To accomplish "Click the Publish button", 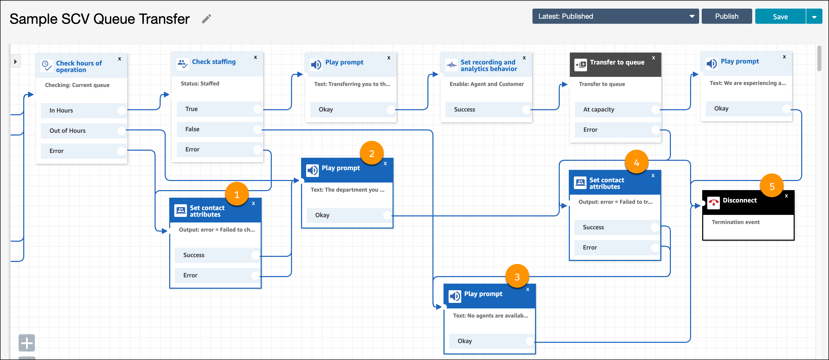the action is pyautogui.click(x=726, y=16).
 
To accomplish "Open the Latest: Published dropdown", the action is pyautogui.click(x=615, y=16).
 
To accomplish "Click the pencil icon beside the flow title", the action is pyautogui.click(x=207, y=19).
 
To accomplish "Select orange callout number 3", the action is pyautogui.click(x=517, y=277).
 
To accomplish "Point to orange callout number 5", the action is pyautogui.click(x=772, y=186).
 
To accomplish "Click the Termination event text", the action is pyautogui.click(x=735, y=222).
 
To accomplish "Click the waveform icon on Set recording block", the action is pyautogui.click(x=452, y=65).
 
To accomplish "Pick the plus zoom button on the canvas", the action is pyautogui.click(x=27, y=343).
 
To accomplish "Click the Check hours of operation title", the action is pyautogui.click(x=79, y=66).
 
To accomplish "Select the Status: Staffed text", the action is pyautogui.click(x=200, y=83).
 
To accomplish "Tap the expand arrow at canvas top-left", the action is pyautogui.click(x=15, y=61).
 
